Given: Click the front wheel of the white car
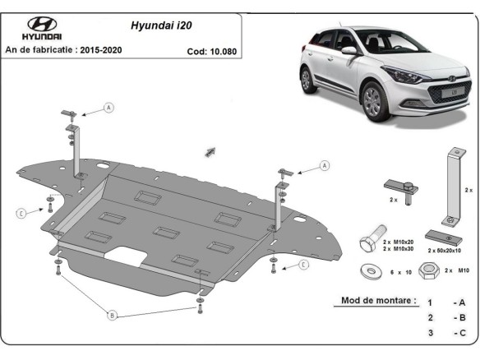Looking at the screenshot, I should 373,104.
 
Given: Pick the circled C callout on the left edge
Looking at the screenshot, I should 20,213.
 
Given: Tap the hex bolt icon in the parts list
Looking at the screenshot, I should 369,242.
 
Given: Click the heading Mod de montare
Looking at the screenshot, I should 379,300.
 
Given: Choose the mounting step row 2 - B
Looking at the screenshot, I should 444,317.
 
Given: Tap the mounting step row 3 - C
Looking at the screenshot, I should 444,332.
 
